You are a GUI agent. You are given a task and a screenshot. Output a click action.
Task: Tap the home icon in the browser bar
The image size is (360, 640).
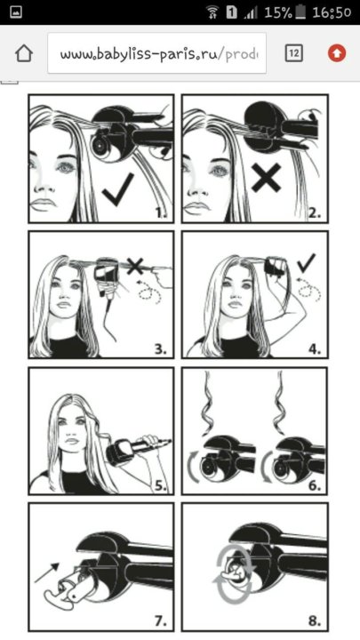click(x=24, y=53)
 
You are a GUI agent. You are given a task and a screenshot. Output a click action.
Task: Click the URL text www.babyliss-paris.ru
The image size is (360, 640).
click(x=141, y=54)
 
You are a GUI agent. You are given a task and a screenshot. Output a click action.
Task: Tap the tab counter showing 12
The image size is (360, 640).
click(x=294, y=53)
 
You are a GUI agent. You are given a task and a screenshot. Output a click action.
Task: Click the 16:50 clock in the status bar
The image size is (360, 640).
click(x=332, y=12)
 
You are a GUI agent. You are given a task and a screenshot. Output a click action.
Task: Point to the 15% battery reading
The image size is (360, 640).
click(x=278, y=12)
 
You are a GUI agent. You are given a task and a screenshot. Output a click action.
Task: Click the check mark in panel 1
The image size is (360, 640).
click(x=118, y=189)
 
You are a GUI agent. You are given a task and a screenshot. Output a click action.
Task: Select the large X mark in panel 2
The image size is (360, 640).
click(x=267, y=178)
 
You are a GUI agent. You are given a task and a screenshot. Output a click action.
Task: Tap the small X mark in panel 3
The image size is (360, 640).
click(x=135, y=267)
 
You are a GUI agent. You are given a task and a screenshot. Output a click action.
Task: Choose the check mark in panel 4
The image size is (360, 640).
click(x=307, y=263)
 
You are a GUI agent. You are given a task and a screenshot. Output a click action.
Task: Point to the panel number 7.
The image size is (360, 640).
click(x=161, y=621)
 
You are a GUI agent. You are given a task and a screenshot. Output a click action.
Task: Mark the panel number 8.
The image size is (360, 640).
click(x=315, y=621)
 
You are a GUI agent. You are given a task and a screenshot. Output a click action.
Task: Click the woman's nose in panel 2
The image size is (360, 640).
click(x=191, y=187)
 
